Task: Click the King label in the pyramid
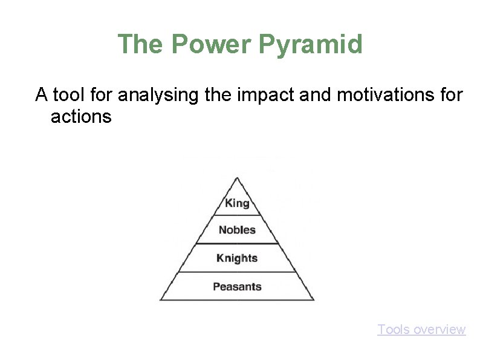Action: coord(237,203)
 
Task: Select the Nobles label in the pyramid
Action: coord(237,230)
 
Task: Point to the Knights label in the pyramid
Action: coord(237,258)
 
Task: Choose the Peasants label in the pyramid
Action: coord(237,286)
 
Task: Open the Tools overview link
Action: coord(421,330)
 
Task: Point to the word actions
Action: coord(81,116)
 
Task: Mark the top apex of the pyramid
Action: coord(237,177)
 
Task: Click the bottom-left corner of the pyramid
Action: coord(160,300)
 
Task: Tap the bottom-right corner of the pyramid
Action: coord(314,300)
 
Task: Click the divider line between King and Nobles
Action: coord(237,215)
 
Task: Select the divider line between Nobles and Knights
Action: coord(237,244)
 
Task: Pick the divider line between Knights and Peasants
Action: coord(237,272)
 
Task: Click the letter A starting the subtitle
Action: coord(41,95)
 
